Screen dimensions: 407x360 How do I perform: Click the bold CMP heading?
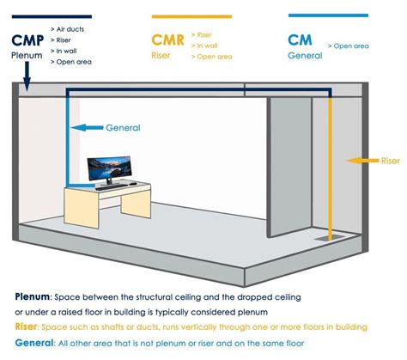pyautogui.click(x=27, y=40)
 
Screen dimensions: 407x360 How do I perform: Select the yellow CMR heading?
pyautogui.click(x=167, y=40)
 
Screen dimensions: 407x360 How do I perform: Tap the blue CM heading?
pyautogui.click(x=300, y=40)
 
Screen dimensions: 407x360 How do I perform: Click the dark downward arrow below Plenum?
pyautogui.click(x=27, y=76)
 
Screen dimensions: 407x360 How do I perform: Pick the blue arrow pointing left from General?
pyautogui.click(x=87, y=128)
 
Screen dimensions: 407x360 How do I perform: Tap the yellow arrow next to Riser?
pyautogui.click(x=362, y=161)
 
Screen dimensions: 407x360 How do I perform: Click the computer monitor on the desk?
pyautogui.click(x=109, y=169)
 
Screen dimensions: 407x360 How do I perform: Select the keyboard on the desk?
pyautogui.click(x=111, y=187)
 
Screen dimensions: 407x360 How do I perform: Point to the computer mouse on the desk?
pyautogui.click(x=132, y=184)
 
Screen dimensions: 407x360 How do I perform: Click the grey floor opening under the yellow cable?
pyautogui.click(x=330, y=238)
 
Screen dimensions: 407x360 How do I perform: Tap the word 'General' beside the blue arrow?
pyautogui.click(x=123, y=128)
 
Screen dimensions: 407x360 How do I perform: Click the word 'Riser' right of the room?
pyautogui.click(x=391, y=161)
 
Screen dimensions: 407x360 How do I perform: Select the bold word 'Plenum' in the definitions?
pyautogui.click(x=32, y=296)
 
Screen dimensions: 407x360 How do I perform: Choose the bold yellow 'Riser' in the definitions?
pyautogui.click(x=26, y=326)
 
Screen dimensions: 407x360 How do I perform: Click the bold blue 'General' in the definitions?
pyautogui.click(x=34, y=343)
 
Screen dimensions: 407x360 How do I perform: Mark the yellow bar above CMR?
pyautogui.click(x=191, y=16)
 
